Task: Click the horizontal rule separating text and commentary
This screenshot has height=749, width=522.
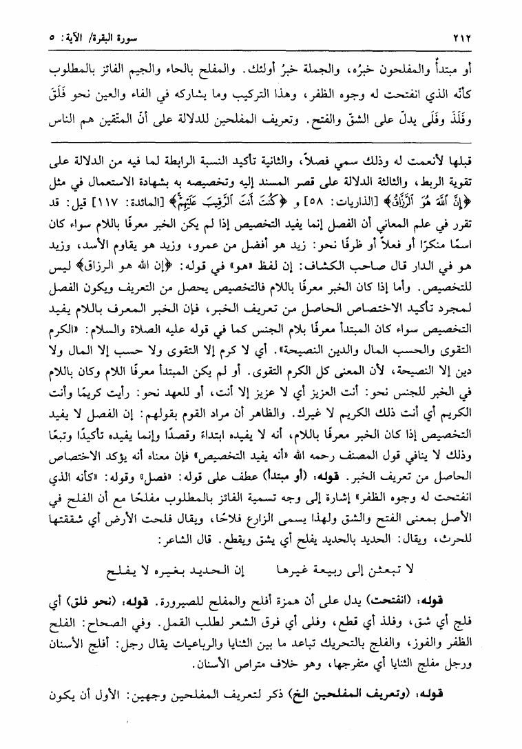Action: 261,143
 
